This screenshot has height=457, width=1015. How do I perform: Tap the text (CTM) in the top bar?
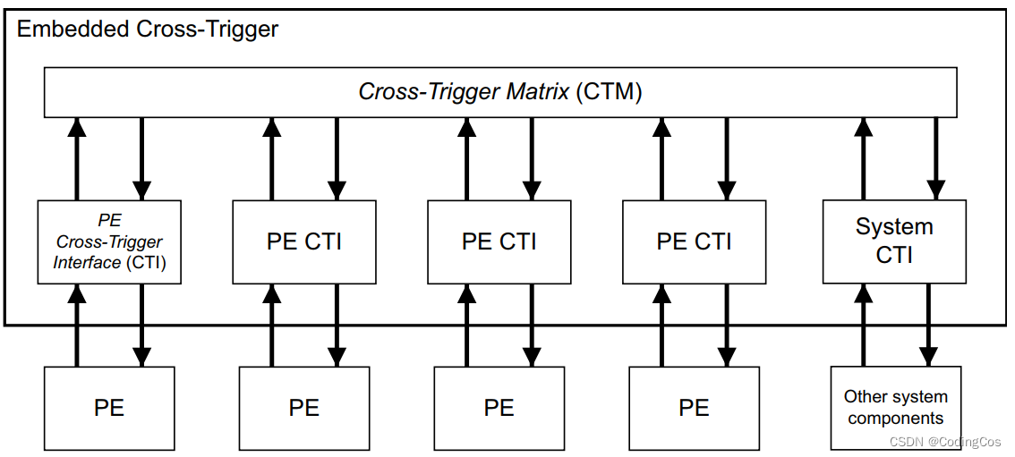click(x=609, y=91)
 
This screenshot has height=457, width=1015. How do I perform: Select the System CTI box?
click(x=893, y=241)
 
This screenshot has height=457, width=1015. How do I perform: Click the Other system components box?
click(x=895, y=408)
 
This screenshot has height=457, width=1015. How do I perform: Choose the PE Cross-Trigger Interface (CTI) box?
click(x=109, y=241)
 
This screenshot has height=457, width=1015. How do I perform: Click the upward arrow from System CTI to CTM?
click(x=864, y=159)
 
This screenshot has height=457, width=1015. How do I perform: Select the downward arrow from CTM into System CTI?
click(x=935, y=159)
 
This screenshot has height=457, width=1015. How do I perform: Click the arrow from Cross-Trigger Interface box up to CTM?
click(x=77, y=159)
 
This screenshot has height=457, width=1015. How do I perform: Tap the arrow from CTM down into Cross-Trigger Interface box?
click(x=141, y=159)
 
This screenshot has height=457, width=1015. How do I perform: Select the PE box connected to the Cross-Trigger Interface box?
click(x=109, y=409)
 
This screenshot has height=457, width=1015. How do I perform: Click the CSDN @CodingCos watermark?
click(x=945, y=441)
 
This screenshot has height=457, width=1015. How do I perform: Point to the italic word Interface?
click(x=87, y=262)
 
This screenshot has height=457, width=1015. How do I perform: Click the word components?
click(x=895, y=419)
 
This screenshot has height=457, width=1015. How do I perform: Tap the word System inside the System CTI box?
click(x=893, y=227)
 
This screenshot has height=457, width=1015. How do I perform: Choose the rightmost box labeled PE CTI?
click(x=694, y=241)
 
